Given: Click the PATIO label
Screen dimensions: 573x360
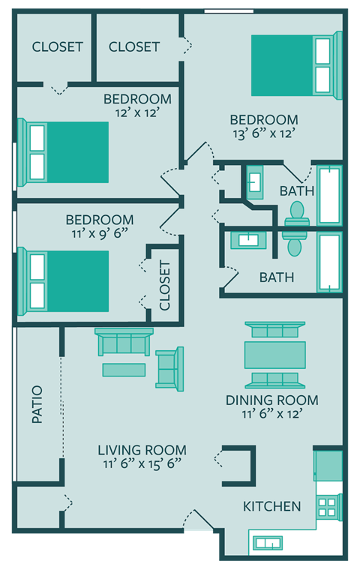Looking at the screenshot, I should pos(37,405).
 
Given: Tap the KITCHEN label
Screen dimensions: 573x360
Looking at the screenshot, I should pos(271,506).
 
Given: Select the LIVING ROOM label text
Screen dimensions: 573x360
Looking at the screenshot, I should pos(142,450).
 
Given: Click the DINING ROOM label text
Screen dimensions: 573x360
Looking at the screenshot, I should pos(271,400).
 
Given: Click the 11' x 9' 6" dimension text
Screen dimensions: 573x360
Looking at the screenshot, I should pos(100,233).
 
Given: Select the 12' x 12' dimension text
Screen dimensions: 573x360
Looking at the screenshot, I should pos(137,112).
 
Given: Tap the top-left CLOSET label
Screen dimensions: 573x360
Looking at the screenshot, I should pos(57,46).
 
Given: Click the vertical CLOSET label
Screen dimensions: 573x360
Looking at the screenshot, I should pos(165,286).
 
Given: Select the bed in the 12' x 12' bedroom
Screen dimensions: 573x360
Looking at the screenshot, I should pos(66,152).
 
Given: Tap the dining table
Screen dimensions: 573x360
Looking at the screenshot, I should pos(274,355).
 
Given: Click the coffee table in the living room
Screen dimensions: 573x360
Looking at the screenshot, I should pos(124,370).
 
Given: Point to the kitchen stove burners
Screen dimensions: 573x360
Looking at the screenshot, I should pos(327,507).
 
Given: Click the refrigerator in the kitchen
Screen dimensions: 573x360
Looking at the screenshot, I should pos(328,464).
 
